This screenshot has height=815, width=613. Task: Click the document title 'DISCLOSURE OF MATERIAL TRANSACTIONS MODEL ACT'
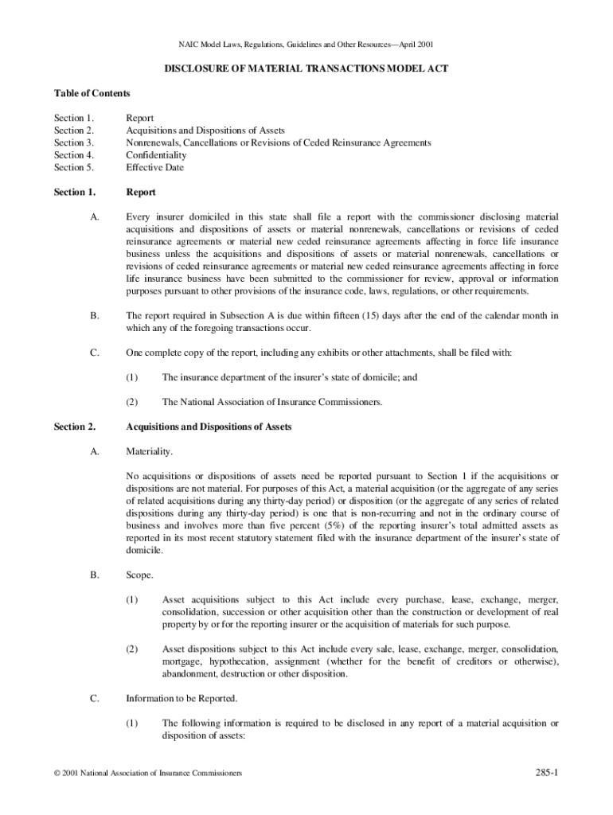[x=306, y=69]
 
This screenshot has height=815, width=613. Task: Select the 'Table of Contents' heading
[x=92, y=94]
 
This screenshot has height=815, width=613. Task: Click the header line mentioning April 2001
[x=306, y=45]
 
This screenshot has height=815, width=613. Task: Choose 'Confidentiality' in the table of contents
[x=156, y=155]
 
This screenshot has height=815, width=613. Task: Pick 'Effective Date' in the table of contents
[x=154, y=168]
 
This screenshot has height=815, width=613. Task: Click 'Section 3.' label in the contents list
[x=74, y=143]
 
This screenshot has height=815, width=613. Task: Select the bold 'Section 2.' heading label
[x=75, y=427]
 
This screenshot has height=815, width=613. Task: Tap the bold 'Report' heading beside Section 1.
[x=141, y=193]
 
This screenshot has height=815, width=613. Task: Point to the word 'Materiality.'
[x=149, y=452]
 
